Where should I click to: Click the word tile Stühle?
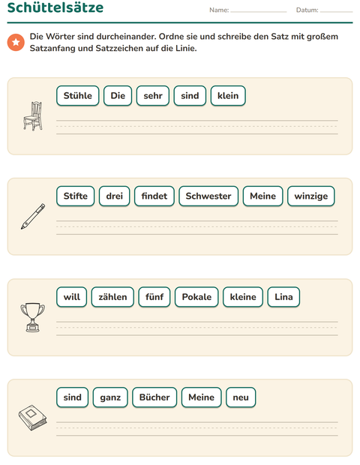point(78,96)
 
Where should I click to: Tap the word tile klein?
point(228,96)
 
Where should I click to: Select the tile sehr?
point(153,96)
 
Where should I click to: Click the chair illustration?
point(33,116)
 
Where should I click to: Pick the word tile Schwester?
point(208,196)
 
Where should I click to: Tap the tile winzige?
point(311,196)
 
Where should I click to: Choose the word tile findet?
point(154,196)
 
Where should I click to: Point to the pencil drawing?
point(33,217)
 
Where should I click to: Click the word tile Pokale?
point(196,297)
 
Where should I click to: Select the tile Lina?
point(283,297)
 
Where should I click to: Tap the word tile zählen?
point(112,297)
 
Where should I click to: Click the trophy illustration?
point(33,317)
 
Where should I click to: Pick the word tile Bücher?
point(154,397)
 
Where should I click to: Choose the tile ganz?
point(110,397)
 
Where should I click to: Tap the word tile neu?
point(241,397)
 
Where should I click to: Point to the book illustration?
point(32,418)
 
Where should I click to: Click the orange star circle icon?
point(16,43)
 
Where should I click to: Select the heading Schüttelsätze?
point(55,7)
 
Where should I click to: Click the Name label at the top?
point(219,10)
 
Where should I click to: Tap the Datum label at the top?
point(307,10)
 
